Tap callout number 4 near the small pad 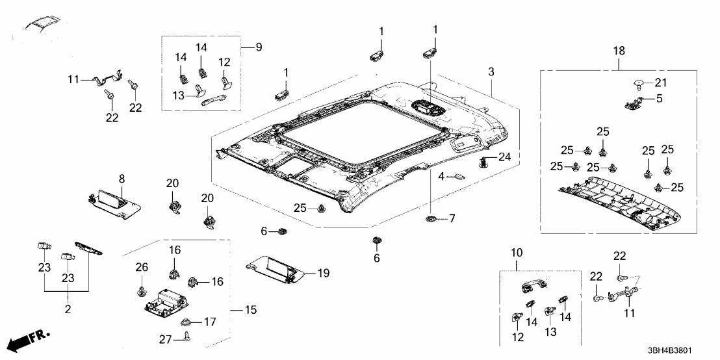tap(441, 176)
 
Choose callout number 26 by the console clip tap(141, 267)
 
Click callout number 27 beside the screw tap(165, 339)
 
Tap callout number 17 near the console tap(209, 321)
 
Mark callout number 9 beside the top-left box tap(258, 47)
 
